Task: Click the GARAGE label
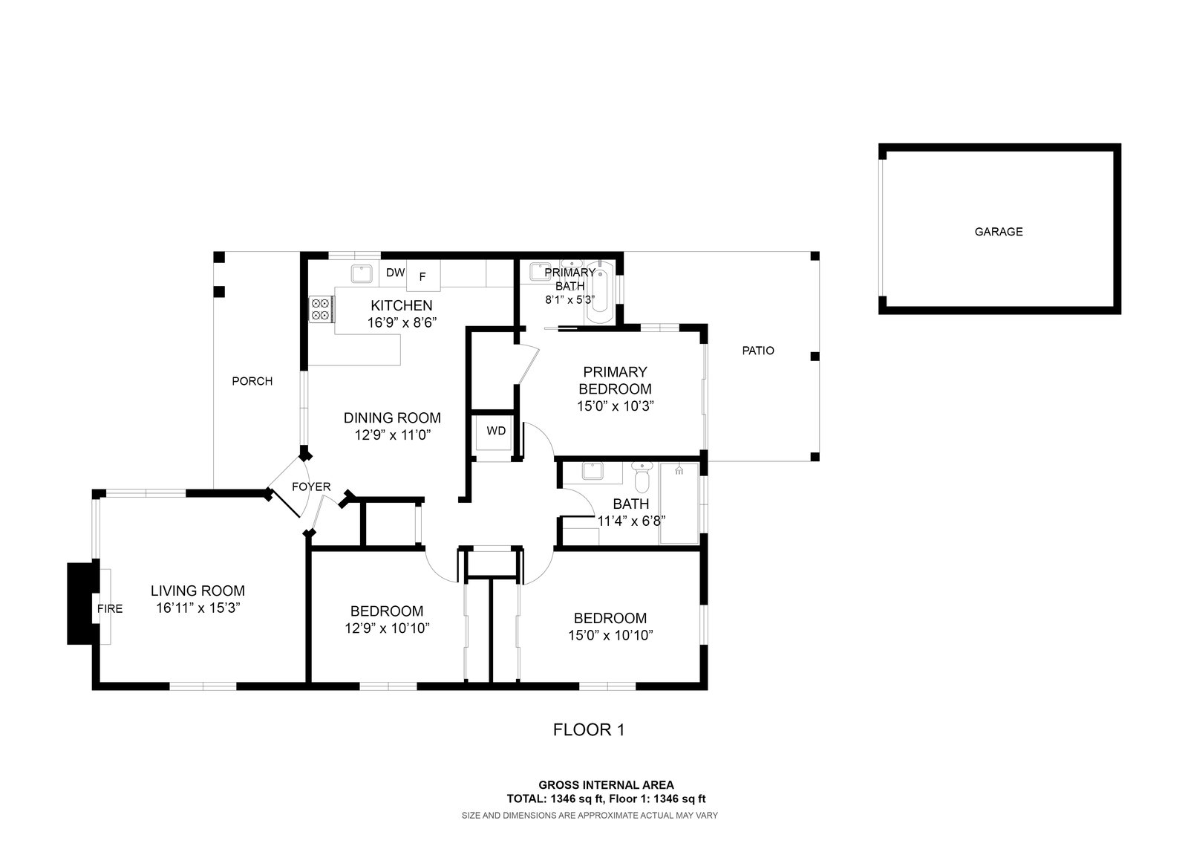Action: click(x=998, y=232)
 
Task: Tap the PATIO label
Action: click(x=758, y=351)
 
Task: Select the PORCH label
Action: click(x=252, y=381)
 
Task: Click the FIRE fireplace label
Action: click(x=110, y=608)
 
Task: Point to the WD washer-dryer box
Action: click(x=495, y=431)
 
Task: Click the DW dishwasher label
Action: click(x=395, y=273)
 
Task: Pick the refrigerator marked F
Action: click(x=423, y=276)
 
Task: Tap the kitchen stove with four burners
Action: click(x=321, y=308)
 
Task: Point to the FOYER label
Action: click(x=311, y=487)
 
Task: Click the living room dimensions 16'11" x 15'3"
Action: click(x=198, y=608)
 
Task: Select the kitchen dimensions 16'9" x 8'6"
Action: click(x=401, y=322)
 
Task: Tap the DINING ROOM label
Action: click(x=392, y=417)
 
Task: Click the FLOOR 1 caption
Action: click(x=589, y=730)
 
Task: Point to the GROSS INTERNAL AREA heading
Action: click(x=606, y=784)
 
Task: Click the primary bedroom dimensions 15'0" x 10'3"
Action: click(x=615, y=406)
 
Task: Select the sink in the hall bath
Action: click(x=592, y=471)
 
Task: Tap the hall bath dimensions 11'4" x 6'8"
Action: click(x=631, y=520)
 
